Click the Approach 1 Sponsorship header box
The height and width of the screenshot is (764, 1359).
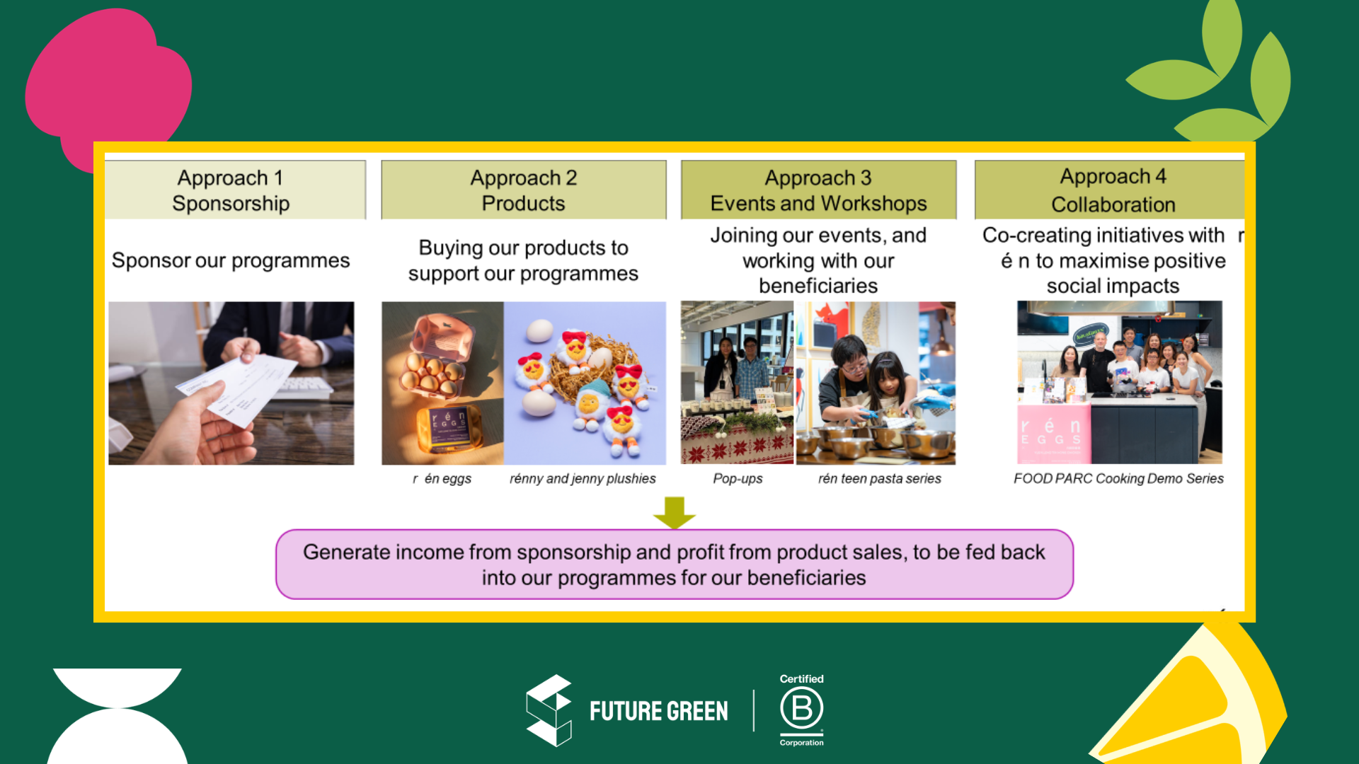pyautogui.click(x=235, y=190)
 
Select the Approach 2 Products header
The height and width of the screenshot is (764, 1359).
pyautogui.click(x=524, y=190)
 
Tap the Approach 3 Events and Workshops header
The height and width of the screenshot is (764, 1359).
pyautogui.click(x=818, y=190)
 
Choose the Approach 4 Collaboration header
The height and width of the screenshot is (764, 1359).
pyautogui.click(x=1109, y=190)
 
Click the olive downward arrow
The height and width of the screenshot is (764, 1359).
pyautogui.click(x=675, y=512)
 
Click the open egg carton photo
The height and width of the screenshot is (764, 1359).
pyautogui.click(x=442, y=383)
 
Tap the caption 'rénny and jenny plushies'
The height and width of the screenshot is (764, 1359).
pyautogui.click(x=583, y=479)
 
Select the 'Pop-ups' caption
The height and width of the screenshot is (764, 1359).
pyautogui.click(x=738, y=479)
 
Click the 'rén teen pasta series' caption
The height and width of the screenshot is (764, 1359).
pyautogui.click(x=880, y=479)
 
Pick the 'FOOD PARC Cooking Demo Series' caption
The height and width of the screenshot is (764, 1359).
pyautogui.click(x=1118, y=479)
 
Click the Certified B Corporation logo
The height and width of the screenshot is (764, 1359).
pyautogui.click(x=802, y=710)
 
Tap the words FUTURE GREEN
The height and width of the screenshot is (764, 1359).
pyautogui.click(x=659, y=711)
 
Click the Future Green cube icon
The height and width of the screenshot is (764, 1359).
pyautogui.click(x=549, y=710)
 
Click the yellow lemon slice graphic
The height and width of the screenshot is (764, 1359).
pyautogui.click(x=1196, y=697)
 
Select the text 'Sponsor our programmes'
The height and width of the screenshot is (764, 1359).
pyautogui.click(x=231, y=261)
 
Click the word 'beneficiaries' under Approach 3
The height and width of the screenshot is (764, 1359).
pyautogui.click(x=818, y=286)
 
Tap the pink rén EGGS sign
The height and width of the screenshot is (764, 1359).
pyautogui.click(x=1053, y=432)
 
